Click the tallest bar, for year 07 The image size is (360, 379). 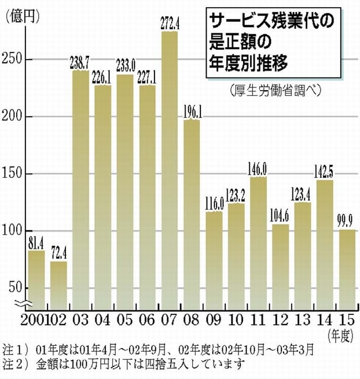169,166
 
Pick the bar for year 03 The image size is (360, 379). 81,188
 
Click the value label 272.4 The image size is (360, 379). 169,24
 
